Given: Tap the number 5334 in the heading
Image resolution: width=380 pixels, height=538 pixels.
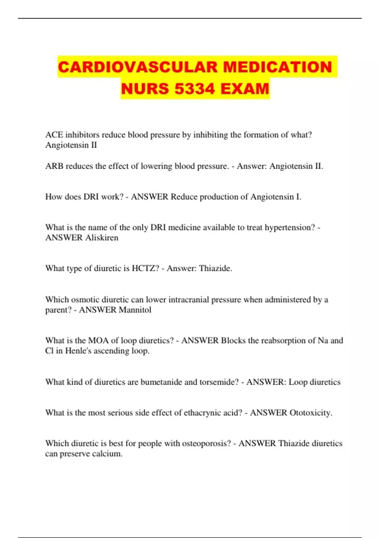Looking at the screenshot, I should [194, 89].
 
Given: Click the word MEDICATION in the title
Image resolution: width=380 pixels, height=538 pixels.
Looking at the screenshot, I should [277, 67].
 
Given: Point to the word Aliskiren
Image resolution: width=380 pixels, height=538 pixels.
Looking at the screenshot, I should [100, 238].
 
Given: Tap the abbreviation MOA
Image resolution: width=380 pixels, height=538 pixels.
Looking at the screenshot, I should [98, 341].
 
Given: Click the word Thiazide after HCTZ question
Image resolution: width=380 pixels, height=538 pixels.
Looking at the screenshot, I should [215, 268].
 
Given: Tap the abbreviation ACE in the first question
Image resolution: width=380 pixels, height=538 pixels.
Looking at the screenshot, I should [54, 135].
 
